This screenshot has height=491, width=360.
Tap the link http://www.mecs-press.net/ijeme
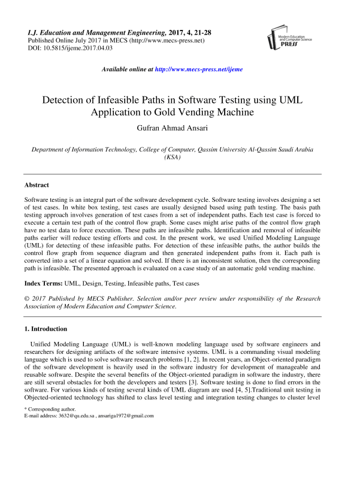click(199, 69)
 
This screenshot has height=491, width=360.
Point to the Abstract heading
click(37, 185)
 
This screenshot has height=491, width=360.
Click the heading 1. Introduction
click(46, 329)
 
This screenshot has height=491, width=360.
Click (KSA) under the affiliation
click(174, 157)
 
